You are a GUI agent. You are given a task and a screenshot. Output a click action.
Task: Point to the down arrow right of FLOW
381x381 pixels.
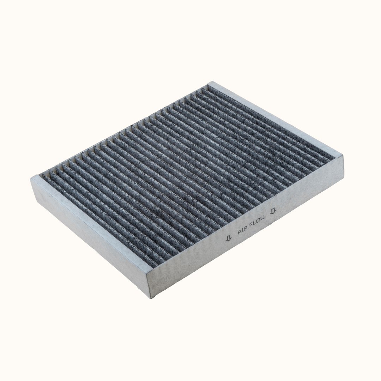tap(273, 211)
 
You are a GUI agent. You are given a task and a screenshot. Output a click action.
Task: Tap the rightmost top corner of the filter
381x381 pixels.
tap(342, 156)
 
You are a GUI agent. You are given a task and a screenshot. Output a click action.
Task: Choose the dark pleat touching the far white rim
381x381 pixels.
tap(265, 123)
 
